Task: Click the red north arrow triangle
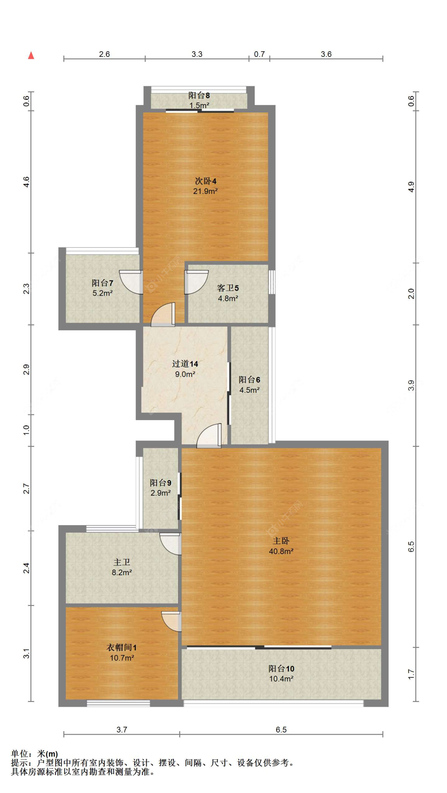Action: (31, 56)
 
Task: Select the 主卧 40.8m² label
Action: (281, 546)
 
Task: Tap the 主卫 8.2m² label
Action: (122, 567)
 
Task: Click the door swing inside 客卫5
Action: (196, 282)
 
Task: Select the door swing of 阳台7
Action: (131, 282)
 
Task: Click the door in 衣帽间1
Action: (172, 621)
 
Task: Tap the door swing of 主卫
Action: (171, 544)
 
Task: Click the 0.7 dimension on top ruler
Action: (259, 54)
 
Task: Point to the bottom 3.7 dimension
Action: (122, 729)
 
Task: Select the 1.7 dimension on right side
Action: (411, 674)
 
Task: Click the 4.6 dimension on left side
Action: (26, 182)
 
